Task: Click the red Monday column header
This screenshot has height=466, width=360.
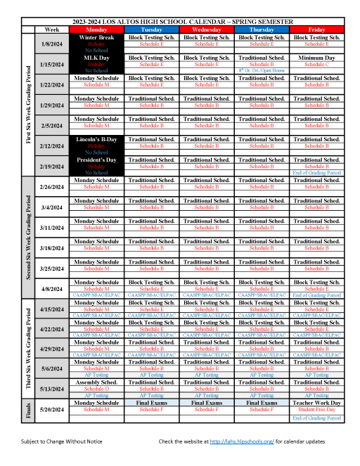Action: [x=97, y=30]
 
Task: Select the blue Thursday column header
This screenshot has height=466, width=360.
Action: [x=262, y=30]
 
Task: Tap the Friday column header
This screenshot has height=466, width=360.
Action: [x=316, y=30]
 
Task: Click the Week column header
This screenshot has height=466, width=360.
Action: [x=51, y=30]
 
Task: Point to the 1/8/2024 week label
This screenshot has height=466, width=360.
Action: [x=51, y=44]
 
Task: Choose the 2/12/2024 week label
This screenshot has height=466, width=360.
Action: [x=51, y=146]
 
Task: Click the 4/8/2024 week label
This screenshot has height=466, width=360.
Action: [x=51, y=289]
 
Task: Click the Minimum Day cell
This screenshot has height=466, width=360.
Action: [x=316, y=57]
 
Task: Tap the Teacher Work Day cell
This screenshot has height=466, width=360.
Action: [x=316, y=403]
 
